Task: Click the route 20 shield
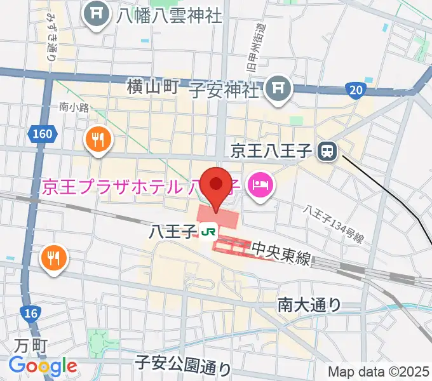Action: click(356, 90)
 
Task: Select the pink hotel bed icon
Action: click(260, 185)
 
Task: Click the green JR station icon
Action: click(208, 232)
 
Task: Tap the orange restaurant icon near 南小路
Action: click(98, 140)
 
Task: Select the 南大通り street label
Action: click(309, 305)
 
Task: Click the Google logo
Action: click(43, 366)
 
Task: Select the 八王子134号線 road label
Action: click(334, 224)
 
